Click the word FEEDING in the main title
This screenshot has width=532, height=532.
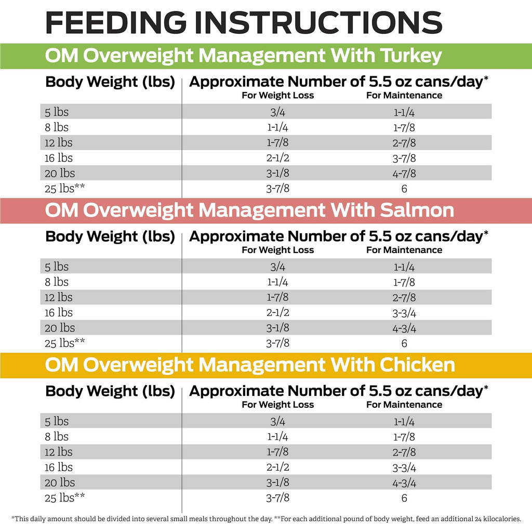click(116, 22)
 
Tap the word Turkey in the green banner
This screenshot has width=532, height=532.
click(411, 56)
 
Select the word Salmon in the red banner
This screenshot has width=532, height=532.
click(417, 210)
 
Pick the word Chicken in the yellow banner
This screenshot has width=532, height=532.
click(417, 365)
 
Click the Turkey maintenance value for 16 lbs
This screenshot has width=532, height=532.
click(404, 158)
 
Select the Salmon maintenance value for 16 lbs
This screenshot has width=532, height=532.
click(404, 313)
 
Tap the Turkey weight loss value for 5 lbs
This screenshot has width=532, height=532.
click(278, 112)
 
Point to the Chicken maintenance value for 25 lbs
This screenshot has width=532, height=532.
click(404, 498)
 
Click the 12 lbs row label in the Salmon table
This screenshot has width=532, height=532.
click(58, 297)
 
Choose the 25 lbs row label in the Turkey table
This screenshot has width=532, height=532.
click(64, 188)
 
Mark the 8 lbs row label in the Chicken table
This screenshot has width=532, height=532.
click(57, 436)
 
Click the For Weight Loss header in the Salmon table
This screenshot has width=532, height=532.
click(278, 250)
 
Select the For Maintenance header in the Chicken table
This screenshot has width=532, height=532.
click(404, 404)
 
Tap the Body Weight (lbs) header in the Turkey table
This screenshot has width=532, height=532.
click(110, 82)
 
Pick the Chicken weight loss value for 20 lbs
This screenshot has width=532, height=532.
click(278, 483)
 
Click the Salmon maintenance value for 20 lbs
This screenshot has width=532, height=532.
click(404, 328)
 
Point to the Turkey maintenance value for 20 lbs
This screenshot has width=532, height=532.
click(404, 174)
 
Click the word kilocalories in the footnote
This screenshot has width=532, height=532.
click(501, 519)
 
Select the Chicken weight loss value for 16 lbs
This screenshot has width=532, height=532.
click(278, 467)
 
